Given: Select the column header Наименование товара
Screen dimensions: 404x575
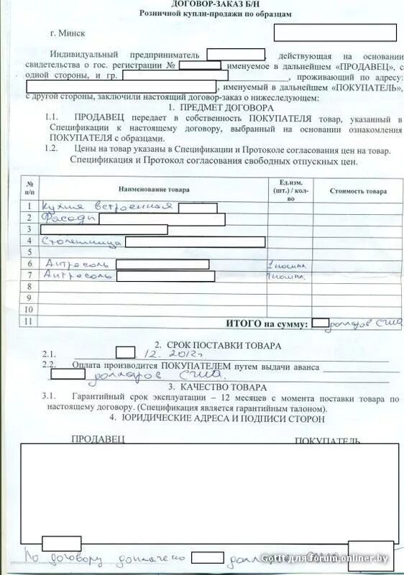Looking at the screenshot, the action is coord(154,190).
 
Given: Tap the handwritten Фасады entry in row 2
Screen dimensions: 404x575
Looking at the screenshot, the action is coord(65,218).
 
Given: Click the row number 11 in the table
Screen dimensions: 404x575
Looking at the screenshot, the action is coord(29,321).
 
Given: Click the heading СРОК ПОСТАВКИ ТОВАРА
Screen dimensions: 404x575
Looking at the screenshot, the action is coord(211,345).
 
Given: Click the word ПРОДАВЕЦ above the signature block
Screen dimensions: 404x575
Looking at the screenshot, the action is coord(98,438).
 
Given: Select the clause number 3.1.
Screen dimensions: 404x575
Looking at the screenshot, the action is coord(49,397).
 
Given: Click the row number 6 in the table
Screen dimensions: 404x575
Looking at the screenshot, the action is coord(29,264).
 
